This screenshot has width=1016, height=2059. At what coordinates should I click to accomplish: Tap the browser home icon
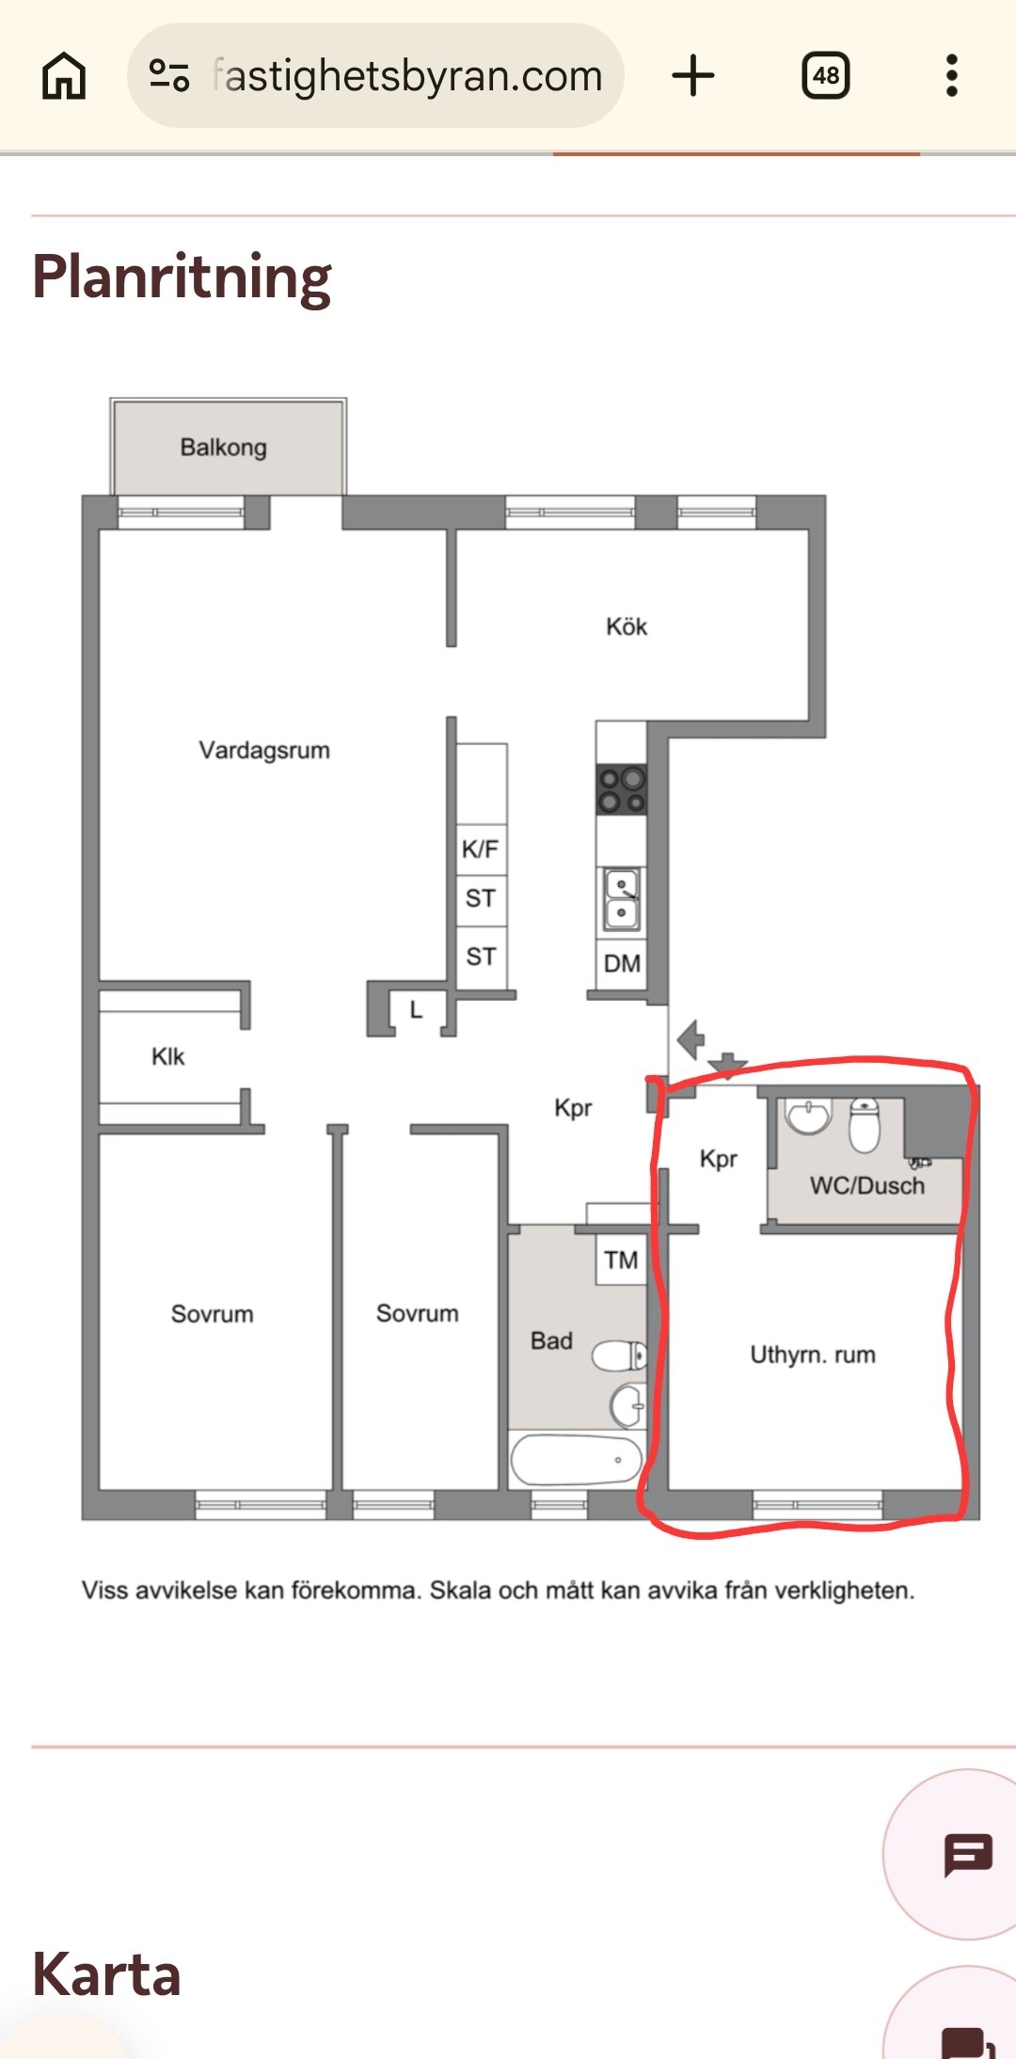tap(64, 75)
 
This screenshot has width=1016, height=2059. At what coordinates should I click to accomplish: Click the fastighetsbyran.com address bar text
tap(406, 75)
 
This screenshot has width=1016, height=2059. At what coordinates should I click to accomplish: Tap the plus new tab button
tap(693, 75)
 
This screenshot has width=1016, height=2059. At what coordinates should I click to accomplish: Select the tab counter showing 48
tap(825, 75)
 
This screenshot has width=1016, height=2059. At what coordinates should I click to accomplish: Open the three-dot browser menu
tap(952, 75)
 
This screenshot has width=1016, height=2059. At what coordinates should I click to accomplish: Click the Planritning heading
tap(182, 277)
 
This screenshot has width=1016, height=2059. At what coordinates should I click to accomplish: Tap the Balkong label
tap(224, 448)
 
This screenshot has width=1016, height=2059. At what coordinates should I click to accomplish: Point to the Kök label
tap(627, 627)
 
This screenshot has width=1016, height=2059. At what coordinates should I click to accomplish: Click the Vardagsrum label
tap(264, 751)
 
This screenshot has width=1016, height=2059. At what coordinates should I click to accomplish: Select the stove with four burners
tap(622, 789)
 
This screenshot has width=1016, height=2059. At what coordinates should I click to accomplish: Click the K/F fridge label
tap(480, 849)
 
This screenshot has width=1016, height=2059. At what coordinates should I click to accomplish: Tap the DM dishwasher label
tap(622, 964)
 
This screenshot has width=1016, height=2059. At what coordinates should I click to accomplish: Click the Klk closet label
tap(168, 1057)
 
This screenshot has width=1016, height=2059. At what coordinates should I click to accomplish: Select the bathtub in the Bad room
tap(576, 1460)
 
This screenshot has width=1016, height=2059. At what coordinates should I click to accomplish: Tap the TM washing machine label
tap(621, 1260)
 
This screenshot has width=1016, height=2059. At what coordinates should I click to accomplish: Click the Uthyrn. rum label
tap(813, 1355)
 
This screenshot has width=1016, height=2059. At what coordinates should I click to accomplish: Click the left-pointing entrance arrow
tap(691, 1039)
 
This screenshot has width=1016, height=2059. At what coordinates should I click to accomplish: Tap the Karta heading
tap(106, 1974)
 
